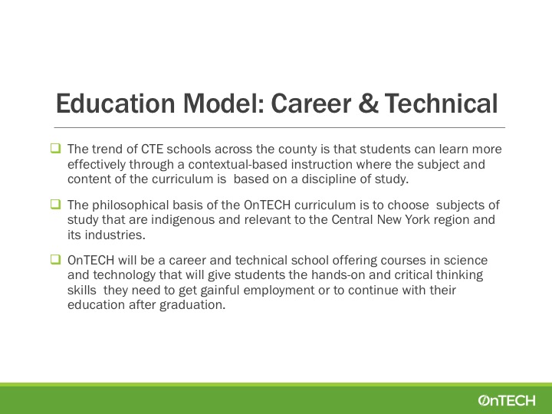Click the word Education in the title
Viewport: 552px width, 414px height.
point(116,103)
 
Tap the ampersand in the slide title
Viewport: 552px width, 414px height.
point(368,103)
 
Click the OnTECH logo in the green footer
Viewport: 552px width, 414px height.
point(507,400)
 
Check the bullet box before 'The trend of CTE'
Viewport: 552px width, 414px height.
point(56,148)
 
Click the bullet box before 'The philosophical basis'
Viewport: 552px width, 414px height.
point(56,204)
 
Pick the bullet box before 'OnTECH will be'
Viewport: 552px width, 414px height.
point(56,259)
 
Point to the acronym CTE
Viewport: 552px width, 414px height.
point(152,149)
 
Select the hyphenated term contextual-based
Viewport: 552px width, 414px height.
point(238,164)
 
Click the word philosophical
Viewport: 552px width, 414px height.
point(130,205)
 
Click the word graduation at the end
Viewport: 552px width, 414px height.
point(192,305)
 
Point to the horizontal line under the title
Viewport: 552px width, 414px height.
point(280,127)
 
